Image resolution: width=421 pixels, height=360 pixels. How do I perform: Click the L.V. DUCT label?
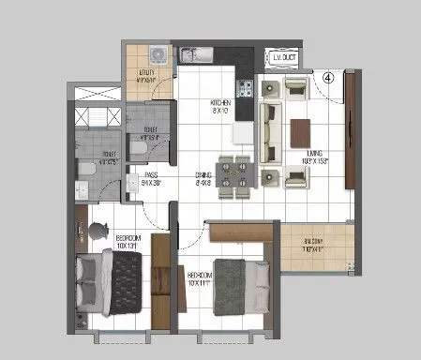click(x=284, y=59)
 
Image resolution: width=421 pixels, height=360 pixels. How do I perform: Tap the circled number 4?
click(x=329, y=79)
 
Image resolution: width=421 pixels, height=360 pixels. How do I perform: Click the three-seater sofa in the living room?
click(x=269, y=129)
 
